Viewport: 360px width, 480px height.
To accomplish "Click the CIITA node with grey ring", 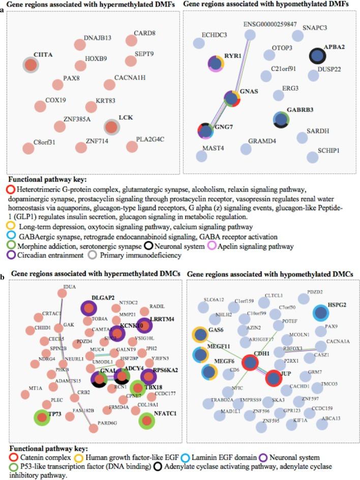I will (x=31, y=65).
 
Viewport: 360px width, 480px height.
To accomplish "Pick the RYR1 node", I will (x=217, y=64).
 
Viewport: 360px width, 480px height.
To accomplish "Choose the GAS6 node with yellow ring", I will (x=200, y=335).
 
